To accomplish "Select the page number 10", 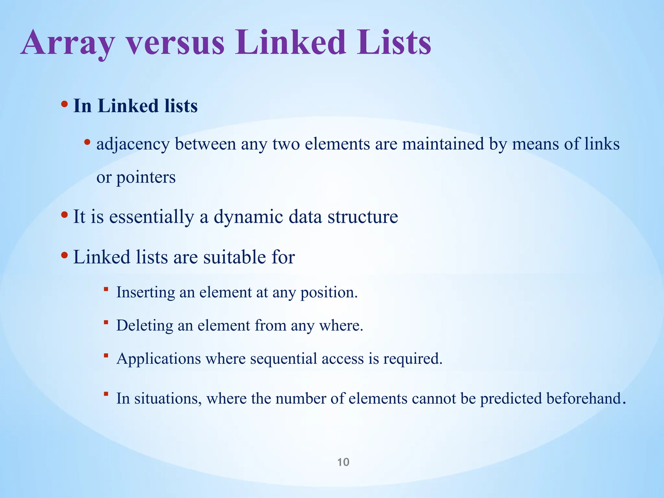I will click(343, 462).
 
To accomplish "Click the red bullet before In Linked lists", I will click(64, 104).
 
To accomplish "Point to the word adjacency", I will click(133, 144).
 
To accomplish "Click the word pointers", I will click(146, 178).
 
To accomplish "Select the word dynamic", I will click(248, 217).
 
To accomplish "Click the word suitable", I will click(233, 257).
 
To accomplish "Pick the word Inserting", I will click(146, 292).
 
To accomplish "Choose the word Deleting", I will click(145, 326).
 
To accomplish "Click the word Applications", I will click(159, 359).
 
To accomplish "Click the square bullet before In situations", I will click(106, 394).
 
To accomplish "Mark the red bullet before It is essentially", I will click(64, 215).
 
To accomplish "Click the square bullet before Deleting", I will click(106, 322).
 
